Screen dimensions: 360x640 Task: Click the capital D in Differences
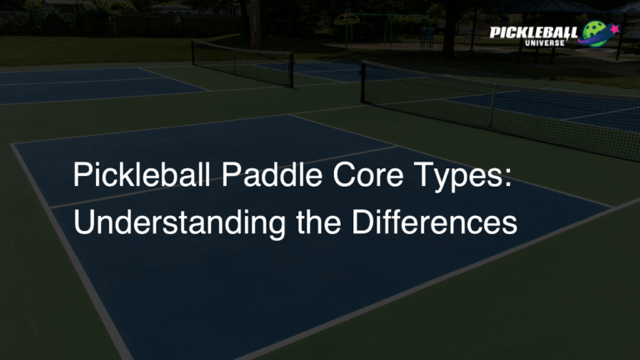pos(348,223)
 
